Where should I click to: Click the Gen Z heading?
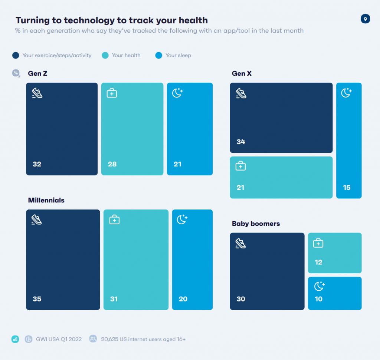pyautogui.click(x=37, y=73)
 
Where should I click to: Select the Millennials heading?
pyautogui.click(x=46, y=200)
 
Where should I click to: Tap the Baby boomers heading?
pyautogui.click(x=256, y=224)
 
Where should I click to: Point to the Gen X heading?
pyautogui.click(x=242, y=73)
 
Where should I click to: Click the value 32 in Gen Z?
pyautogui.click(x=37, y=164)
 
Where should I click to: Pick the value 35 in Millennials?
pyautogui.click(x=37, y=299)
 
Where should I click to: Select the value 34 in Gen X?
pyautogui.click(x=241, y=142)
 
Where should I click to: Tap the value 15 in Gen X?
pyautogui.click(x=347, y=188)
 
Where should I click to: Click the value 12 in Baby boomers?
pyautogui.click(x=318, y=262)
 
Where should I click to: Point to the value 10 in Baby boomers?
pyautogui.click(x=318, y=299)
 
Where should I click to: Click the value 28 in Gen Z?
pyautogui.click(x=112, y=164)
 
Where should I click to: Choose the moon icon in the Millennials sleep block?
pyautogui.click(x=182, y=219)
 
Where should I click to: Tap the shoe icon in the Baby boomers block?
pyautogui.click(x=241, y=243)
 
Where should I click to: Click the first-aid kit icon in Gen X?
pyautogui.click(x=241, y=166)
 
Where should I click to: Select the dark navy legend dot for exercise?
pyautogui.click(x=16, y=55)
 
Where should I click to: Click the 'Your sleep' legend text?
pyautogui.click(x=178, y=55)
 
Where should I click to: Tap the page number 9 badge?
pyautogui.click(x=365, y=19)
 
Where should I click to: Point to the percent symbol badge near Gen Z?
pyautogui.click(x=16, y=73)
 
